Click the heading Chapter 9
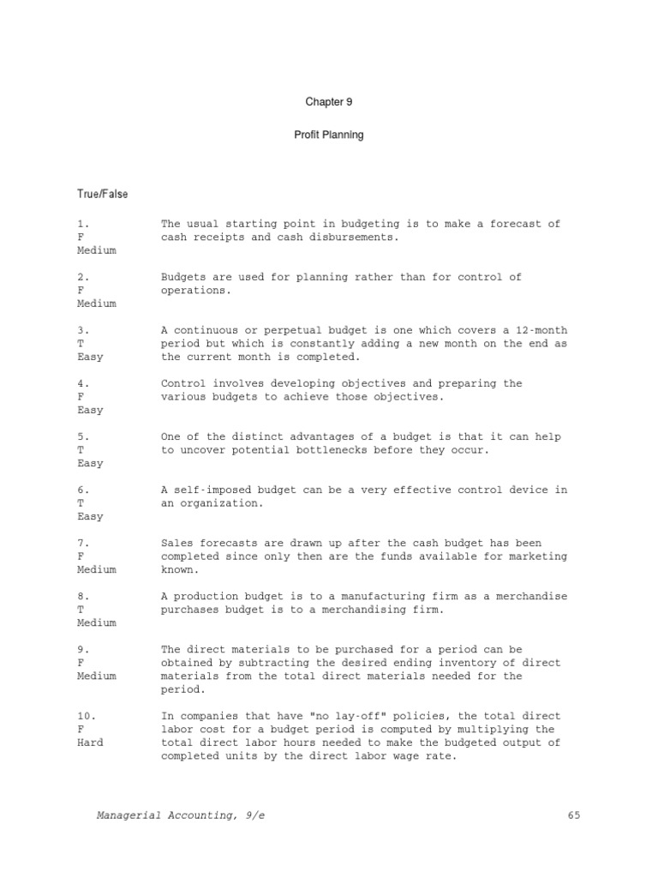point(329,102)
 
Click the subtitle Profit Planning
point(329,135)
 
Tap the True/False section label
point(103,194)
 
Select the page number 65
point(573,815)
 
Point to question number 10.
point(87,716)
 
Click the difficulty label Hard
point(89,743)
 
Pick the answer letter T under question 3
point(80,344)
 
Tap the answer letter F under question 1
point(80,238)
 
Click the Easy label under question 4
point(89,410)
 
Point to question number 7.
point(83,544)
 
